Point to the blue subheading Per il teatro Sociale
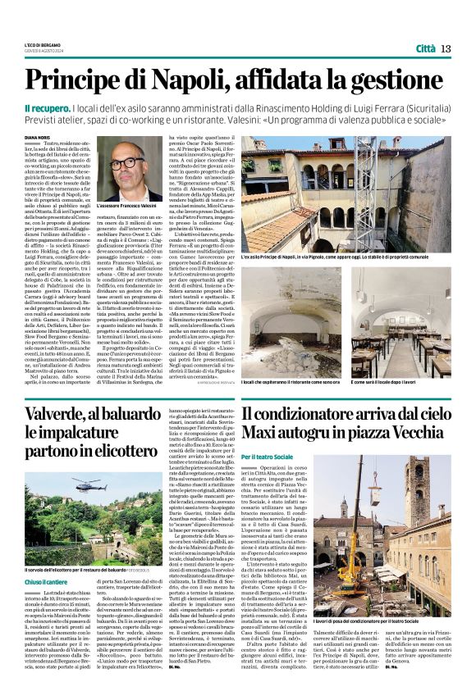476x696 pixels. (x=268, y=456)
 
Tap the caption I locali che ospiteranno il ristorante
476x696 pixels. (x=291, y=382)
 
